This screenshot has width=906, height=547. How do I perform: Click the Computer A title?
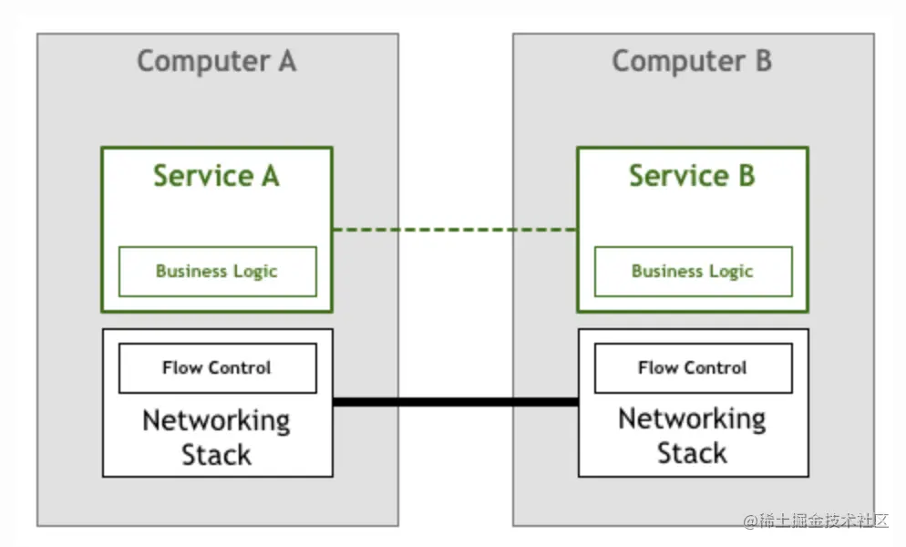coord(216,61)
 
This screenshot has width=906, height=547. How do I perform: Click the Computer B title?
coord(691,61)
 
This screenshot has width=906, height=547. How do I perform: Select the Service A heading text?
coord(216,175)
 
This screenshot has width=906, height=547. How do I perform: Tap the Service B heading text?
coord(692,175)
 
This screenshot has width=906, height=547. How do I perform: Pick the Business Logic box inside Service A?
coord(217,271)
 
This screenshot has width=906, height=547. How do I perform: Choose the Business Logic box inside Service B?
coord(693,271)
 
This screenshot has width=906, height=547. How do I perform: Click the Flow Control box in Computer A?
coord(217,367)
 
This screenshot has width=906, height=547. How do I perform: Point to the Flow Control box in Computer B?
coord(693,367)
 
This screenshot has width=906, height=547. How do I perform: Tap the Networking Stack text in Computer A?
coord(216,437)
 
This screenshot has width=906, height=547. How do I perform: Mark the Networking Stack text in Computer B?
coord(692,436)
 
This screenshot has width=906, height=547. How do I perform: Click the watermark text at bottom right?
coord(815,521)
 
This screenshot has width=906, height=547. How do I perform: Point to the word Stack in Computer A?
coord(216,454)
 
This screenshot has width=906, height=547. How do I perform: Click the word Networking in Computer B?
coord(692,419)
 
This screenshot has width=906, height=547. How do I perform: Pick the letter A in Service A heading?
coord(269,175)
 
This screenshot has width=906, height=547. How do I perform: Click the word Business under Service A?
coord(190,271)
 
